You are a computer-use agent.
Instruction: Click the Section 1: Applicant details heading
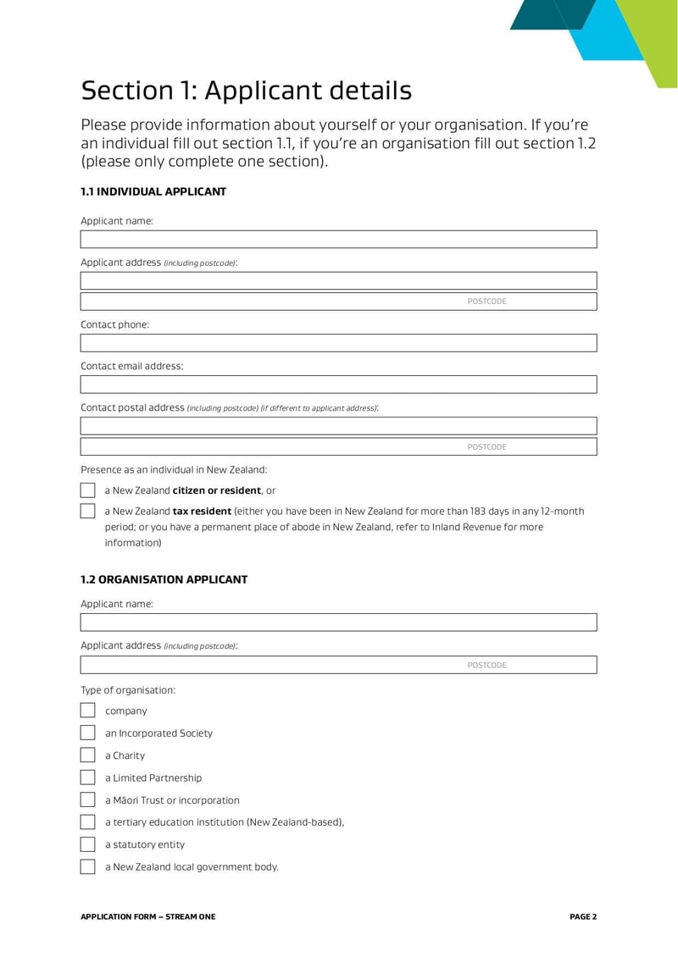pyautogui.click(x=246, y=91)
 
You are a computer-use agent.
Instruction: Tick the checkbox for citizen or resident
pyautogui.click(x=88, y=490)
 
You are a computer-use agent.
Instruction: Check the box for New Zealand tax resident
pyautogui.click(x=88, y=512)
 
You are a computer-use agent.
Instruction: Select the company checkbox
pyautogui.click(x=88, y=711)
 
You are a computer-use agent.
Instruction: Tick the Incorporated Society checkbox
pyautogui.click(x=88, y=733)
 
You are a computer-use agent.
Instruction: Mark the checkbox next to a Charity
pyautogui.click(x=88, y=755)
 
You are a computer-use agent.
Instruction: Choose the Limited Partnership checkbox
pyautogui.click(x=88, y=777)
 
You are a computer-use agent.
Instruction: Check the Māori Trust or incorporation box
pyautogui.click(x=88, y=799)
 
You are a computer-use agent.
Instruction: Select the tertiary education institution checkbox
pyautogui.click(x=88, y=822)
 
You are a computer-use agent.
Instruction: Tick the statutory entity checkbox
pyautogui.click(x=88, y=844)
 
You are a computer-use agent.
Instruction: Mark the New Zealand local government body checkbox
pyautogui.click(x=88, y=866)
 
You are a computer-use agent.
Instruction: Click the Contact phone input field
pyautogui.click(x=338, y=343)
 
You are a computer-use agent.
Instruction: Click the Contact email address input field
pyautogui.click(x=338, y=384)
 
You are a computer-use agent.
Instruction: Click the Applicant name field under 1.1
pyautogui.click(x=338, y=239)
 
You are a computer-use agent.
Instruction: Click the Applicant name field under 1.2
pyautogui.click(x=338, y=622)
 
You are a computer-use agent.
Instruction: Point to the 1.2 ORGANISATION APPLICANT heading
pyautogui.click(x=164, y=580)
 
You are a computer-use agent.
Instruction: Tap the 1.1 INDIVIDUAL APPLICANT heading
pyautogui.click(x=153, y=192)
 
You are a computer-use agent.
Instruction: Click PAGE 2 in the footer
pyautogui.click(x=583, y=916)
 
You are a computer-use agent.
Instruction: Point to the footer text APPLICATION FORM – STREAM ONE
pyautogui.click(x=147, y=916)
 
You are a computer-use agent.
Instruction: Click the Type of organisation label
pyautogui.click(x=128, y=690)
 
